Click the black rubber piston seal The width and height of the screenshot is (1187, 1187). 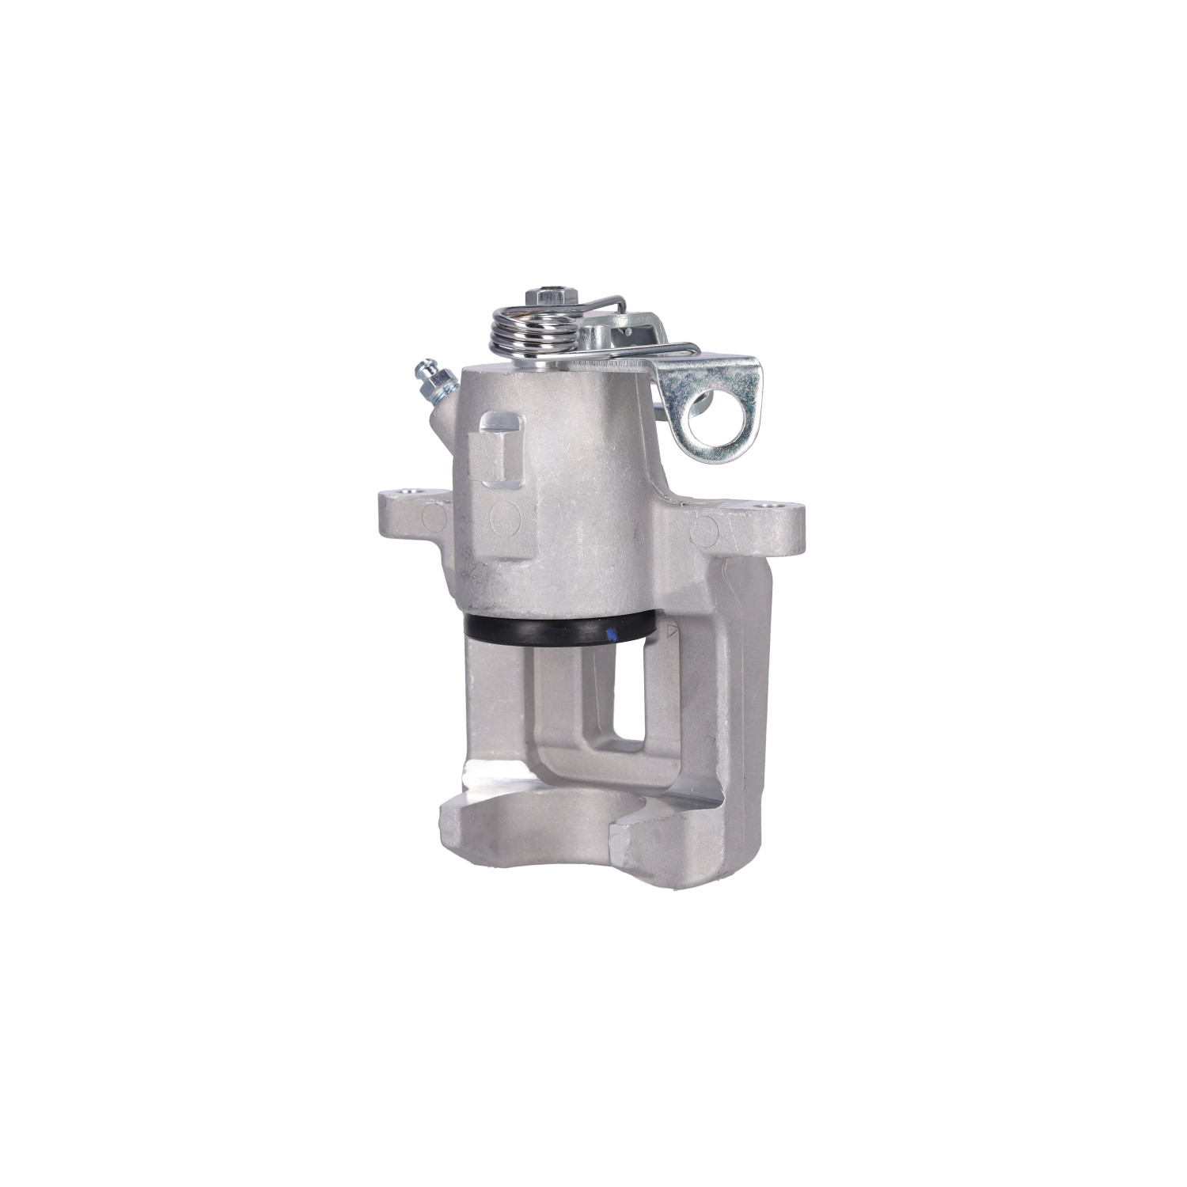coord(554,631)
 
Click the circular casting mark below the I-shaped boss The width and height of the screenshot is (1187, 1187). coord(504,519)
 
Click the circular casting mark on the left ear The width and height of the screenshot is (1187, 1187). coord(434,518)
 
